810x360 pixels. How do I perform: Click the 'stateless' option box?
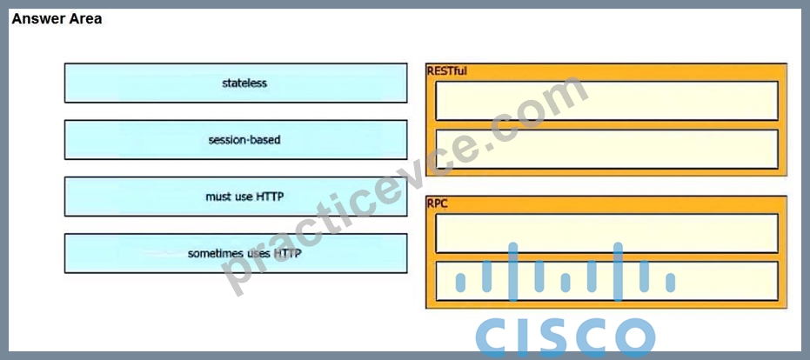click(x=236, y=83)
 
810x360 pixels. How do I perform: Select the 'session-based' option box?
click(x=236, y=139)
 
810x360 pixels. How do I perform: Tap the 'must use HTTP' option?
click(x=236, y=197)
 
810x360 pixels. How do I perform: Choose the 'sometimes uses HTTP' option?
click(x=236, y=253)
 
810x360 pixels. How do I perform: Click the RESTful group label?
click(x=447, y=71)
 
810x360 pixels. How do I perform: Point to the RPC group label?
click(x=438, y=203)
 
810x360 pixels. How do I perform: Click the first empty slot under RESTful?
click(x=607, y=101)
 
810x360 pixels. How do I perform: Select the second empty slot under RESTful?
click(x=607, y=149)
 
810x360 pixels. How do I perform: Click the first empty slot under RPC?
click(x=607, y=233)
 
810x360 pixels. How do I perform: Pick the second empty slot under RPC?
click(x=607, y=281)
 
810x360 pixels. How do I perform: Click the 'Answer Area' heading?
click(x=57, y=19)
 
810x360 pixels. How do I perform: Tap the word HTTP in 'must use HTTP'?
click(x=269, y=197)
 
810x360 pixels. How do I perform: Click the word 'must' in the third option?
click(x=217, y=197)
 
